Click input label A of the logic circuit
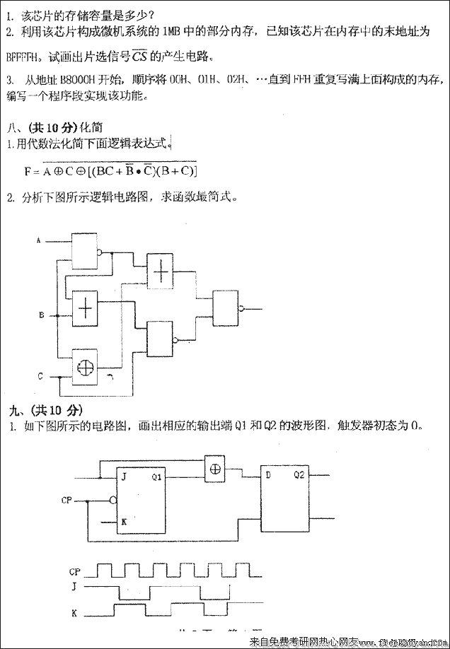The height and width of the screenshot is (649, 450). (x=39, y=241)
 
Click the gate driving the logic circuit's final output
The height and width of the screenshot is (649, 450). (x=226, y=308)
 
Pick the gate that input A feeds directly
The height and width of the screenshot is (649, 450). (x=86, y=250)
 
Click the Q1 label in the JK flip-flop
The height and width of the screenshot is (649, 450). (x=156, y=476)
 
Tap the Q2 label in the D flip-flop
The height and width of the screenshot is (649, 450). (x=300, y=476)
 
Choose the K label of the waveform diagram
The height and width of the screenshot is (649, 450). (x=74, y=613)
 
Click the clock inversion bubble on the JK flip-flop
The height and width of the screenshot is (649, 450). (x=112, y=500)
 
